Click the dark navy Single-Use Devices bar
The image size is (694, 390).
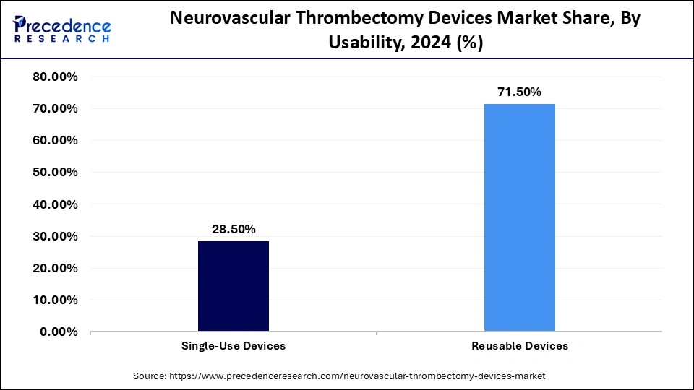pos(234,286)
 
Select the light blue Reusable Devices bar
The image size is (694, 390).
pos(520,217)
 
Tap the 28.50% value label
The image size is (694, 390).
pos(234,229)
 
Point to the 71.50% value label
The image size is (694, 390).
pos(519,92)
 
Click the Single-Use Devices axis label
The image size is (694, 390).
pos(234,346)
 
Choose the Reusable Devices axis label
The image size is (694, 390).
pos(520,346)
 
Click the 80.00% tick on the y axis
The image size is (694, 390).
pos(56,77)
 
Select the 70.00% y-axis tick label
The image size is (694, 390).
pos(56,108)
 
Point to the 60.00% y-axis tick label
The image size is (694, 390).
pos(56,140)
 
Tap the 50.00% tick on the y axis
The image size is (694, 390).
pos(56,172)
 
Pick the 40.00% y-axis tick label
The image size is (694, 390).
pos(56,204)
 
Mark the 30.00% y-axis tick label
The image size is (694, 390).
pos(56,236)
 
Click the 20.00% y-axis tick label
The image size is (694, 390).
pos(56,268)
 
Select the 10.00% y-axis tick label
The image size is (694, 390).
pos(56,300)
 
